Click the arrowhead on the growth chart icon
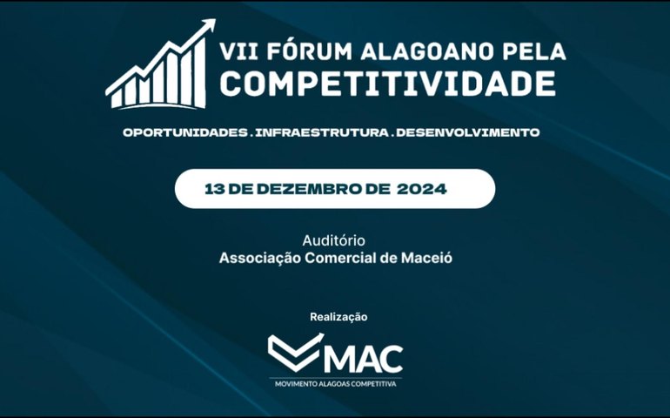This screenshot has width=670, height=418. (207, 28)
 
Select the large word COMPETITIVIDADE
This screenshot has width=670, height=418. (388, 84)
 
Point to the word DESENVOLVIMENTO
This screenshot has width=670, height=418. (467, 132)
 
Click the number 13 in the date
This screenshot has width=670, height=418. (214, 188)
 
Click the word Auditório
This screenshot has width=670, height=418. (334, 239)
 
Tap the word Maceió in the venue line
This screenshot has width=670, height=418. (428, 258)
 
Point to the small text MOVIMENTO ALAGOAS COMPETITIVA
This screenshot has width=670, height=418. (335, 383)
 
